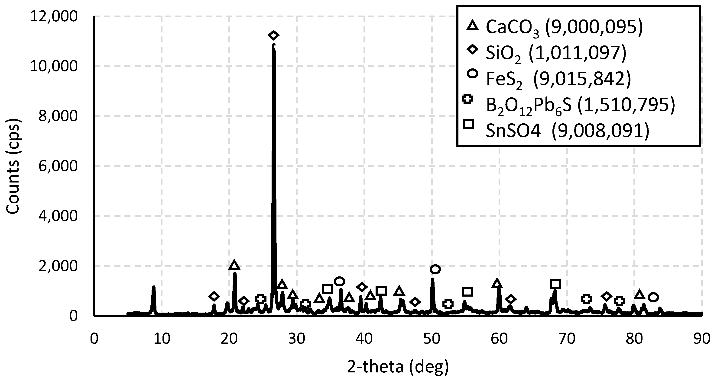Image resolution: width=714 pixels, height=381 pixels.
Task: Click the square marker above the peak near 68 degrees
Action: [x=555, y=284]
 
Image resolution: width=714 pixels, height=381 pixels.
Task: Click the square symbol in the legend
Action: [x=468, y=124]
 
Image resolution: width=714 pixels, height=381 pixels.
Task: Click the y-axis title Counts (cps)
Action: [x=13, y=166]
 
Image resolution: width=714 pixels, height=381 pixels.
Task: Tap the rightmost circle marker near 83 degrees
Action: [x=654, y=297]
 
